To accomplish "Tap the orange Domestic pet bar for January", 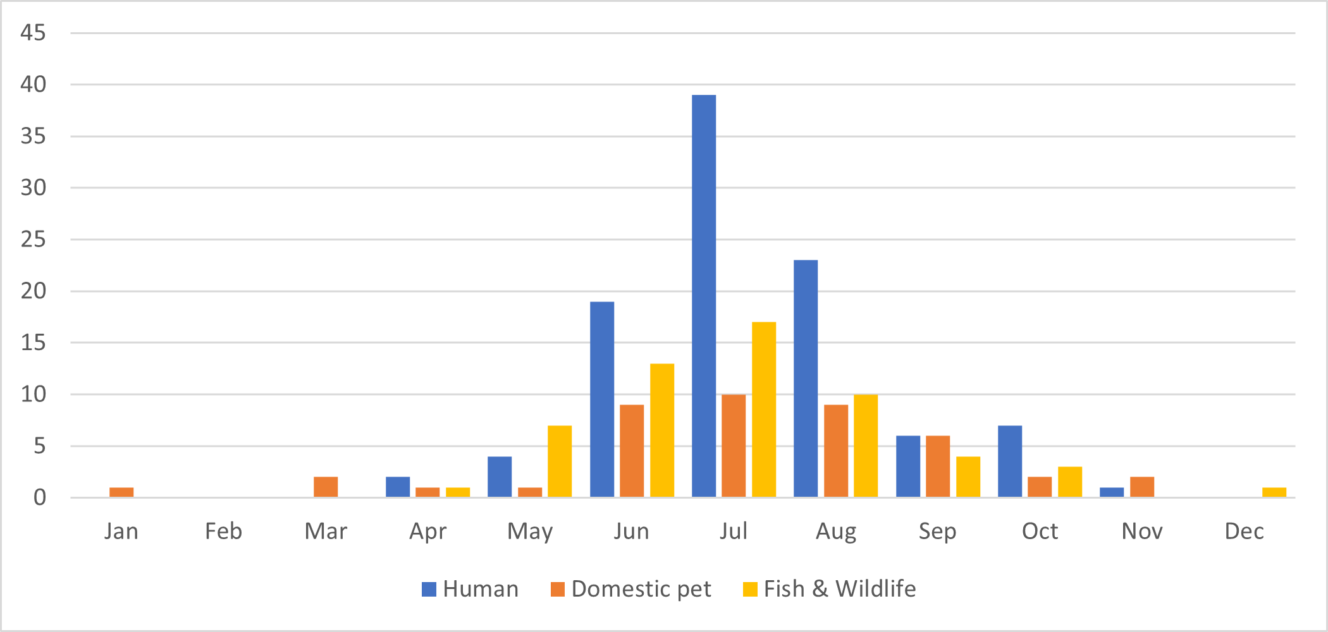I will [121, 492].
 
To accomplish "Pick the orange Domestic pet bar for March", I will [326, 487].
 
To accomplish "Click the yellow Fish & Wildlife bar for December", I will [1274, 492].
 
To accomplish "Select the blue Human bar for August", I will [806, 379].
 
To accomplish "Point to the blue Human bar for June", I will [602, 399].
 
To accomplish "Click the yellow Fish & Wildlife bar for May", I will [560, 461].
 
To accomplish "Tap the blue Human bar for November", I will [1112, 492].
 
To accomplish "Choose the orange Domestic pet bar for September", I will [938, 466].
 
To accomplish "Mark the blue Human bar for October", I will [1010, 461].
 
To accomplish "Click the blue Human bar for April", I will [398, 487].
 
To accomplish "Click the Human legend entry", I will [470, 589].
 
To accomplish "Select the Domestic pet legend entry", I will [631, 589].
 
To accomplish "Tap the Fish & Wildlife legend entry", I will [829, 589].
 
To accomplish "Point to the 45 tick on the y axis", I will [34, 33].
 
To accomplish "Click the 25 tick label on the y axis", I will [34, 240].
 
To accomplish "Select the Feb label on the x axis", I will [223, 532].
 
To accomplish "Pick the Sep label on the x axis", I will [937, 532].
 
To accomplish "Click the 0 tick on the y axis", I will [40, 498].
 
